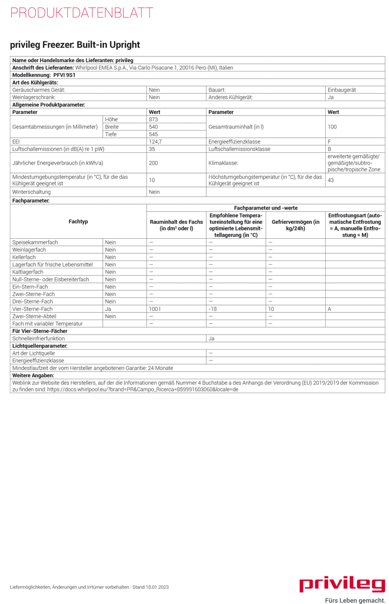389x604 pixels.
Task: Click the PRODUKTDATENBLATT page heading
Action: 81,13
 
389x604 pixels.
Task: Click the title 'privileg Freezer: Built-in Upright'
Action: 75,45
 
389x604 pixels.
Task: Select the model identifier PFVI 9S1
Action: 64,75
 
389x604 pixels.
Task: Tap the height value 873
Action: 153,119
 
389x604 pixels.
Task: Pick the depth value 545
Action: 153,134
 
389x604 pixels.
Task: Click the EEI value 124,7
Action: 155,141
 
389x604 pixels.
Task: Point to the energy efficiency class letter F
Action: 329,141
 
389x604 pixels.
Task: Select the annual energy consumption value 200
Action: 153,163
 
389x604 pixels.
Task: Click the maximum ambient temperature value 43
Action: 330,180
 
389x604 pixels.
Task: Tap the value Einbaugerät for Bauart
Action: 342,90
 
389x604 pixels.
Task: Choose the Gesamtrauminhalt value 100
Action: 332,127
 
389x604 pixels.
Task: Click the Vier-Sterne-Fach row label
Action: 32,309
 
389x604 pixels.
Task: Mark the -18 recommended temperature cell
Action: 212,309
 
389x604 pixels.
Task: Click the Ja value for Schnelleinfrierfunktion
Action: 212,338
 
